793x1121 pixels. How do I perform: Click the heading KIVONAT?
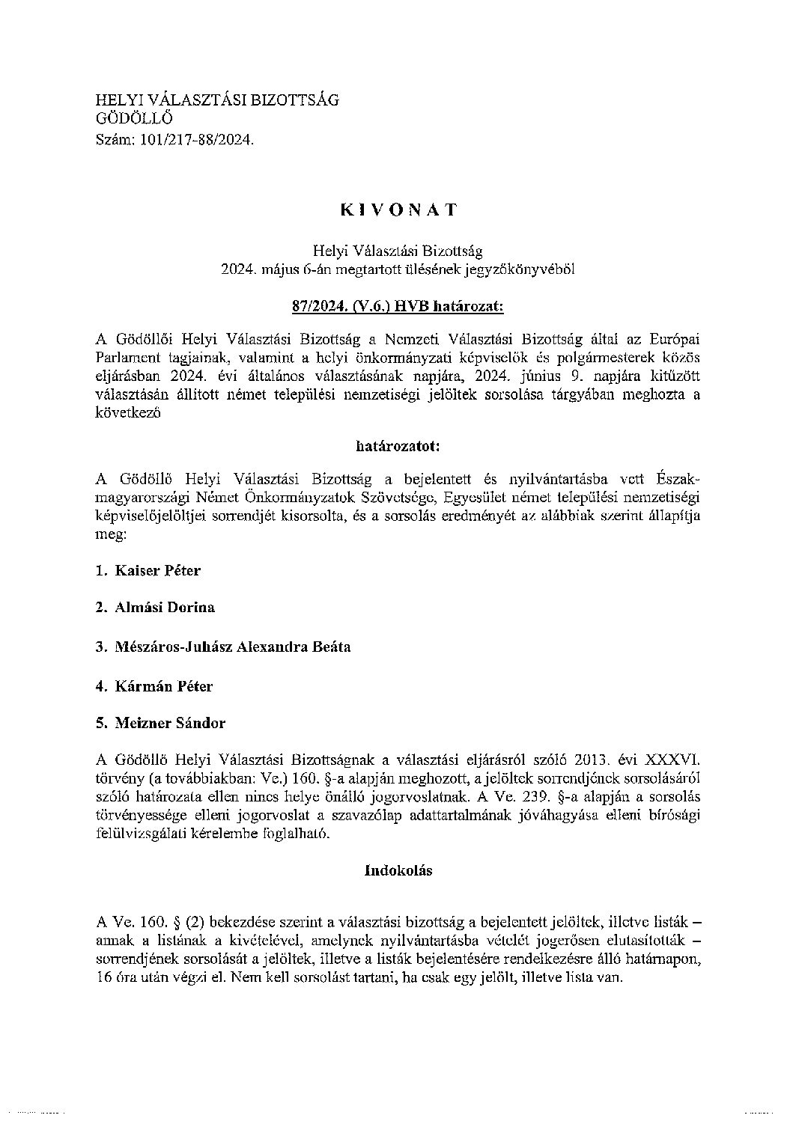tap(398, 210)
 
